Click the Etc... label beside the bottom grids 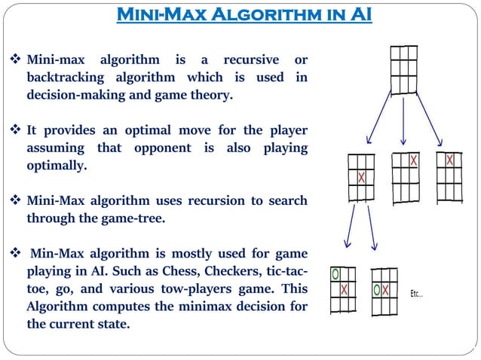coord(416,293)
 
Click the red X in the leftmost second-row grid coord(362,178)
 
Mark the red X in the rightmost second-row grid coord(450,160)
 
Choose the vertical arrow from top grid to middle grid coord(404,121)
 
